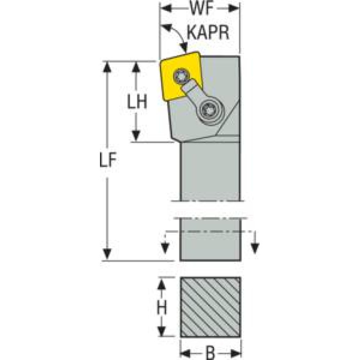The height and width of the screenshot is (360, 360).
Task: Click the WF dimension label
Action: (x=200, y=8)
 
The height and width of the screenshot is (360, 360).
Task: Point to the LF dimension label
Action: (x=108, y=161)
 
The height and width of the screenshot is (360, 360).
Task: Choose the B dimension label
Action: (x=211, y=352)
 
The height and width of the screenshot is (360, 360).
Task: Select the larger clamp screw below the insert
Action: (x=207, y=111)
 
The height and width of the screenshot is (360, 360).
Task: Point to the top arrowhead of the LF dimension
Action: (x=108, y=67)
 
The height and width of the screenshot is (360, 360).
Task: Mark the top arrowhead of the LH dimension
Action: (x=137, y=67)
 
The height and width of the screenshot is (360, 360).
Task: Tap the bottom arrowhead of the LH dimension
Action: (x=137, y=136)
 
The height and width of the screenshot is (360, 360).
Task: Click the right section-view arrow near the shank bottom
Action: (x=255, y=247)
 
